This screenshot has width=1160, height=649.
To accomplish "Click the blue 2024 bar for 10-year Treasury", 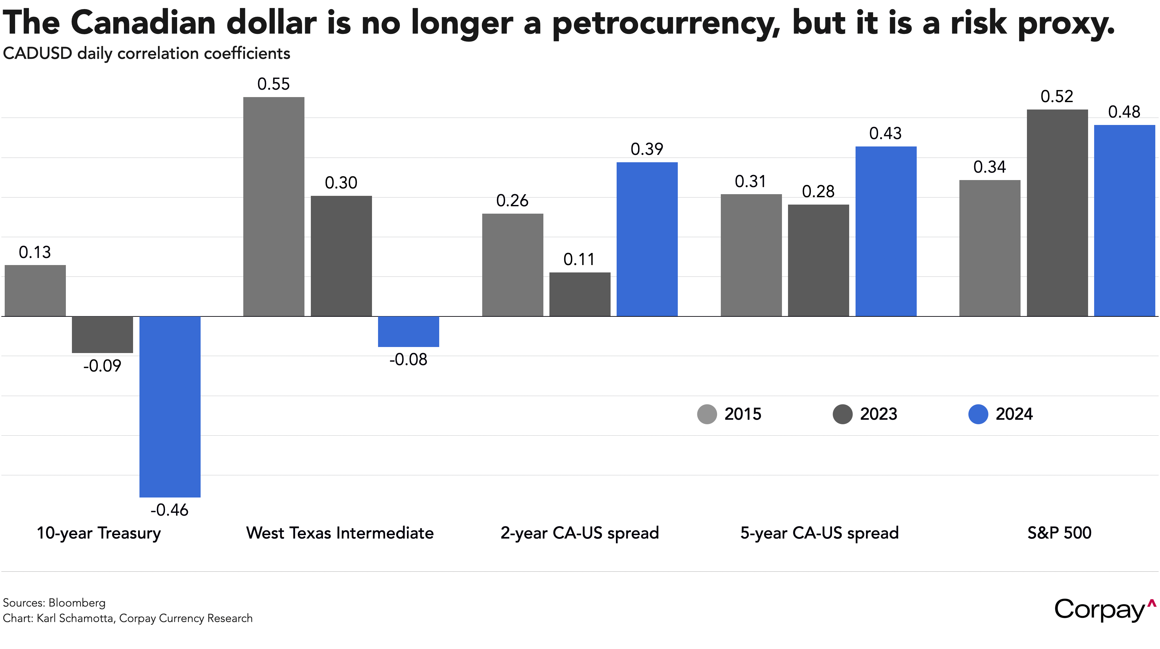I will [170, 406].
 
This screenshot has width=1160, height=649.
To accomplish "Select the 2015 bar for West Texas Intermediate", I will [274, 207].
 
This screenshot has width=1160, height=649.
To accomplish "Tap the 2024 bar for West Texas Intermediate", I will [408, 332].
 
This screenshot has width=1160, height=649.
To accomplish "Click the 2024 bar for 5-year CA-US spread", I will [886, 231].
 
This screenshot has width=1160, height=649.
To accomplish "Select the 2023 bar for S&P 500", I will [1057, 213].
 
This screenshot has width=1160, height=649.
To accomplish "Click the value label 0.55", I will [273, 84].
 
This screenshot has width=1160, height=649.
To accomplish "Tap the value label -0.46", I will [169, 510].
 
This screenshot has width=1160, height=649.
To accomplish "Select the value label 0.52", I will [1057, 96].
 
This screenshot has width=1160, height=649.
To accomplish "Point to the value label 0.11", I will [579, 259].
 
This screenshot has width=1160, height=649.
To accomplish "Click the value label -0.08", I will [408, 359].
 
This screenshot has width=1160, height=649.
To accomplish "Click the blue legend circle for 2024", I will [978, 414].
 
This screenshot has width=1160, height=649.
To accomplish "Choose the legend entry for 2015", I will [730, 414].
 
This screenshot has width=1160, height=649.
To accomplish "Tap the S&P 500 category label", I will [1059, 533].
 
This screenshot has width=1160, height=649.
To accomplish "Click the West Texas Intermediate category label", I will [339, 533].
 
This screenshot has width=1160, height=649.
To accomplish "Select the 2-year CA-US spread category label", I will [580, 533].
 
